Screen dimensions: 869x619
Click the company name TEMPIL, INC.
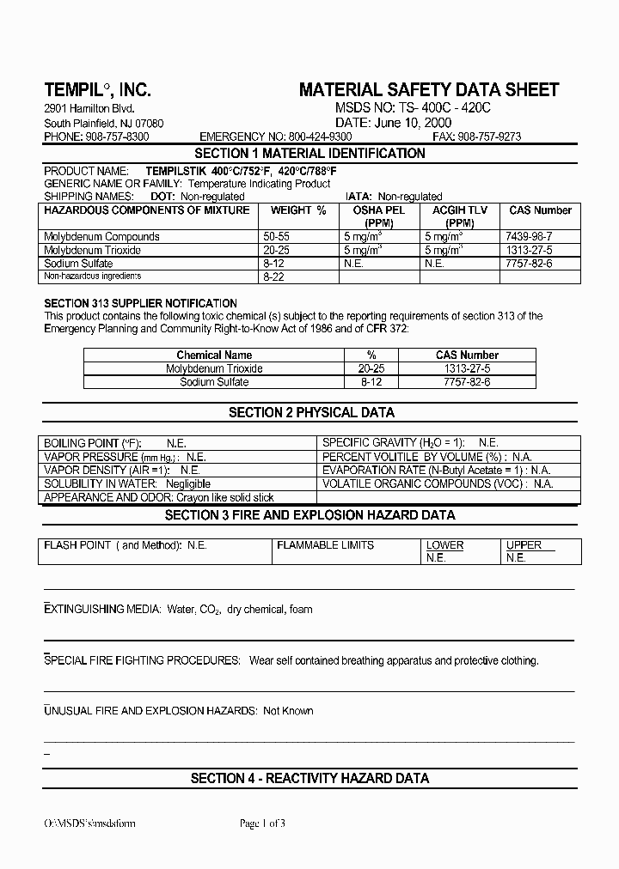click(97, 90)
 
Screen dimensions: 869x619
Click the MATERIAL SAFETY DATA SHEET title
click(428, 90)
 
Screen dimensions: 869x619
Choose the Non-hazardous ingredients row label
click(93, 276)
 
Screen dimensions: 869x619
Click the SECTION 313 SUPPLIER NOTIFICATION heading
click(140, 303)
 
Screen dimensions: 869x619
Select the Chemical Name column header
click(214, 355)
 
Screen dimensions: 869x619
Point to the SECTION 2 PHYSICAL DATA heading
click(311, 413)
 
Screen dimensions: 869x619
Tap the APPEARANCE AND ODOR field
click(158, 498)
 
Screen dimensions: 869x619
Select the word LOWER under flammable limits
click(444, 545)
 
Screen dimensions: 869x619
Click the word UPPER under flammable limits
click(524, 545)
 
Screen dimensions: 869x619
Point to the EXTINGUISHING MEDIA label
click(102, 610)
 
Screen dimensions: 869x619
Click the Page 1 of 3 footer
click(262, 823)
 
